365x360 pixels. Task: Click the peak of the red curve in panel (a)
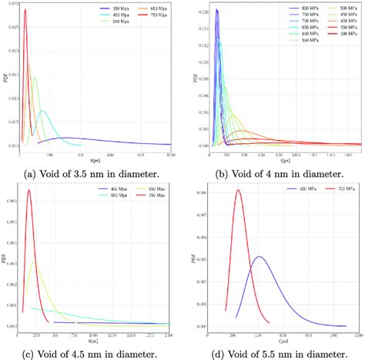24,10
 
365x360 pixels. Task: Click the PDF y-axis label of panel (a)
5,77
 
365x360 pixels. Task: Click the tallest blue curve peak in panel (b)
216,10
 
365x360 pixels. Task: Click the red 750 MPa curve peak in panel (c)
28,190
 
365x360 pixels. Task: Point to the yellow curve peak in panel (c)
33,262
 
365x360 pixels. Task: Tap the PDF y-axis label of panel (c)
5,258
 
